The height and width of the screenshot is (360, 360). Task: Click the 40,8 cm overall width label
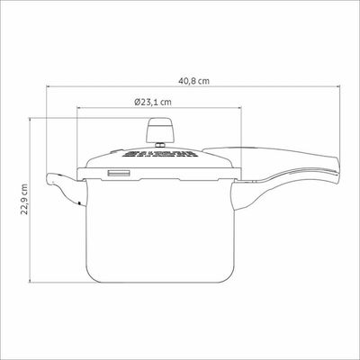click(193, 81)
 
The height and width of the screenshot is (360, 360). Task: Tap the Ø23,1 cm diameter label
click(153, 102)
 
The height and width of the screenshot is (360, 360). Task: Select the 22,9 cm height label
click(24, 200)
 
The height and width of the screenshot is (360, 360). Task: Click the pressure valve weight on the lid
click(159, 130)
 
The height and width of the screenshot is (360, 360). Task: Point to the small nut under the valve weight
click(159, 145)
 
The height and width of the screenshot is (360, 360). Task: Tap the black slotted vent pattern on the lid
click(158, 154)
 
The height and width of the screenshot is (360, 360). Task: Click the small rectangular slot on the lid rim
click(119, 174)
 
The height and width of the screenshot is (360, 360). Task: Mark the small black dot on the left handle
click(79, 203)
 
